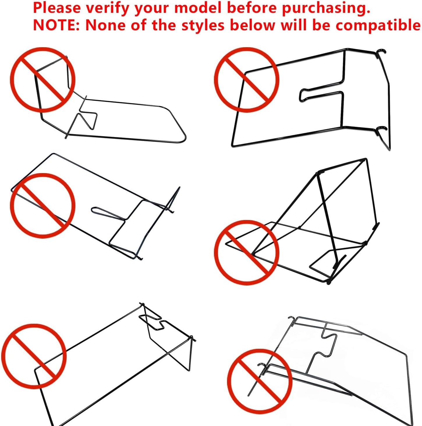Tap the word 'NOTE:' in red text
pyautogui.click(x=56, y=25)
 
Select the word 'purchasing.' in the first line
pyautogui.click(x=326, y=8)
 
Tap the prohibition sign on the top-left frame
pyautogui.click(x=42, y=80)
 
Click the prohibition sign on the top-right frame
pyautogui.click(x=247, y=80)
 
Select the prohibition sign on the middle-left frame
pyautogui.click(x=42, y=205)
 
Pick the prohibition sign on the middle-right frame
pyautogui.click(x=247, y=252)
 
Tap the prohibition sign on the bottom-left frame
pyautogui.click(x=34, y=356)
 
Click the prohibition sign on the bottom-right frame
pyautogui.click(x=260, y=381)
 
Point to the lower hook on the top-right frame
pyautogui.click(x=381, y=129)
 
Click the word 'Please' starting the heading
pyautogui.click(x=57, y=8)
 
